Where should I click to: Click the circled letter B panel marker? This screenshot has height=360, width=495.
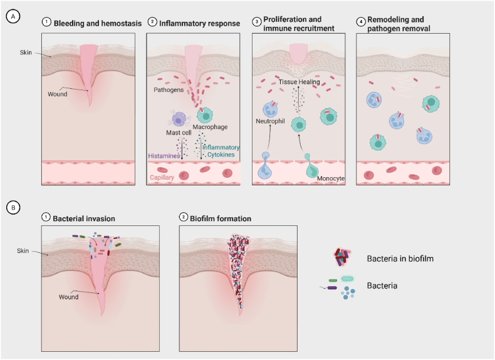tap(11, 206)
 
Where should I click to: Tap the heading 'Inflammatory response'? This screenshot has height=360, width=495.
tap(199, 24)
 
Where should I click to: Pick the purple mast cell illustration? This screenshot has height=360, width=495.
tap(178, 118)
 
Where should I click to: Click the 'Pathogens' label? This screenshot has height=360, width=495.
tap(169, 90)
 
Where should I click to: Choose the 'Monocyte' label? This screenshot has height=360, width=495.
tap(330, 178)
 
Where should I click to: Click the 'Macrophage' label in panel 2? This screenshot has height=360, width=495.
tap(210, 127)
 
